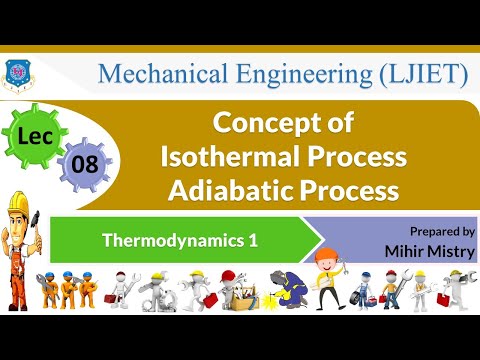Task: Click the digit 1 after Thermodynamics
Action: pos(237,240)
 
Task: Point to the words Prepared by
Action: pos(441,230)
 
